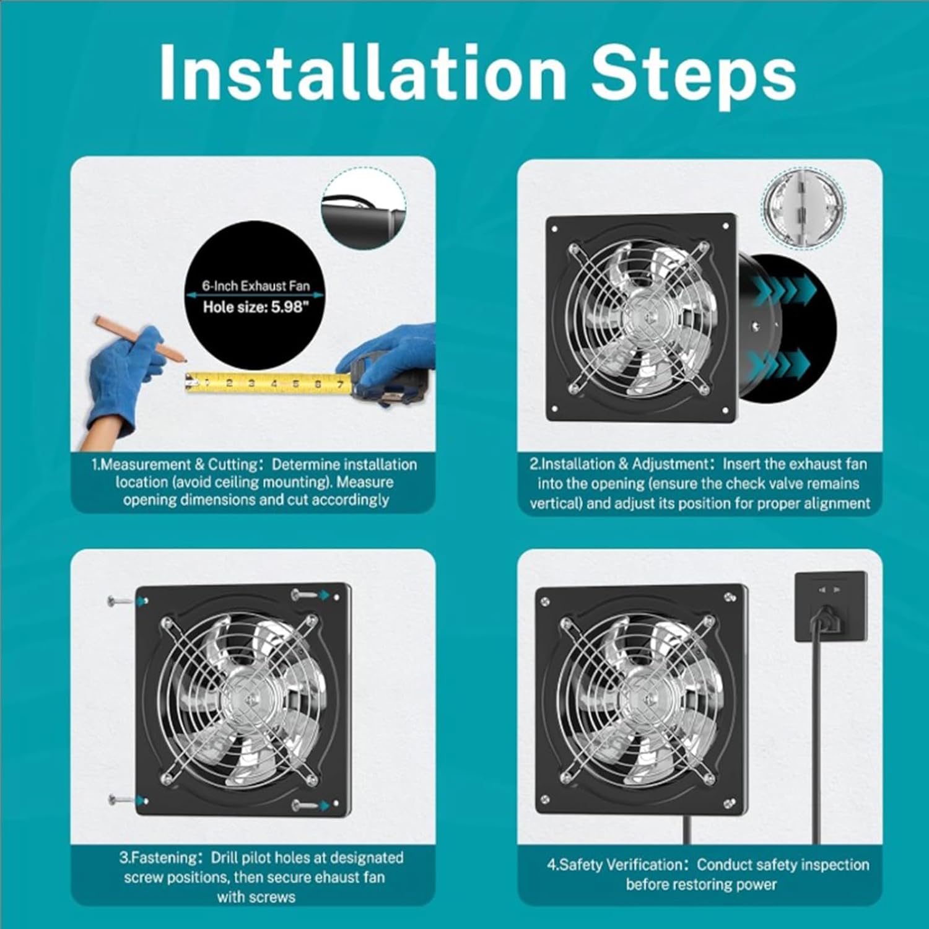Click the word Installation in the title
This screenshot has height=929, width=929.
pyautogui.click(x=362, y=72)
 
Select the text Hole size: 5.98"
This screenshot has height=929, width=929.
pyautogui.click(x=255, y=307)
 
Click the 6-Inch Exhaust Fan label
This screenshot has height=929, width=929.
pyautogui.click(x=255, y=286)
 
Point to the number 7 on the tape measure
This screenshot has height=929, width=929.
pyautogui.click(x=339, y=385)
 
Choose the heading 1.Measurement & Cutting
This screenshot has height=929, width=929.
pyautogui.click(x=175, y=464)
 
